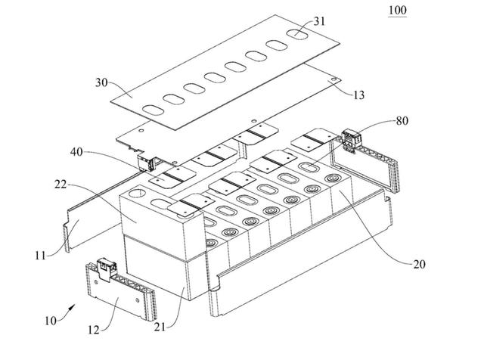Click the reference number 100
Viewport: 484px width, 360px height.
pos(398,10)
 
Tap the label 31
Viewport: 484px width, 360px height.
pos(319,21)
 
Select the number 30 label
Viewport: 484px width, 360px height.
pos(101,82)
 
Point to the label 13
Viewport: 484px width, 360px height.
pos(358,95)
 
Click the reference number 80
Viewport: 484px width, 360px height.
pos(402,121)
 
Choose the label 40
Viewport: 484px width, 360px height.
pos(76,151)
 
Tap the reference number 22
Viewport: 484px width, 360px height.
pos(60,184)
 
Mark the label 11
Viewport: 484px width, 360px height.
pos(40,256)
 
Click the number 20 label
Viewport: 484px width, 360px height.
pos(419,264)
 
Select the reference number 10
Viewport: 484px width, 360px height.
pos(51,321)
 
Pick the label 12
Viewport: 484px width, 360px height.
pos(94,330)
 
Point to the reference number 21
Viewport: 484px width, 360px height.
pos(160,327)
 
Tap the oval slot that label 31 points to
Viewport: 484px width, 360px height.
pos(297,34)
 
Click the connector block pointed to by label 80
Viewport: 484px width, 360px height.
pos(352,140)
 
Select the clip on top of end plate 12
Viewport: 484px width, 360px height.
pos(106,269)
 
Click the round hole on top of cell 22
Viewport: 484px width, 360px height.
pos(137,194)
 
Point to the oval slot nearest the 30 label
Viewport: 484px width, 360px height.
pos(153,110)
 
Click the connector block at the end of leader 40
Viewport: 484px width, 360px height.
pos(146,163)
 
